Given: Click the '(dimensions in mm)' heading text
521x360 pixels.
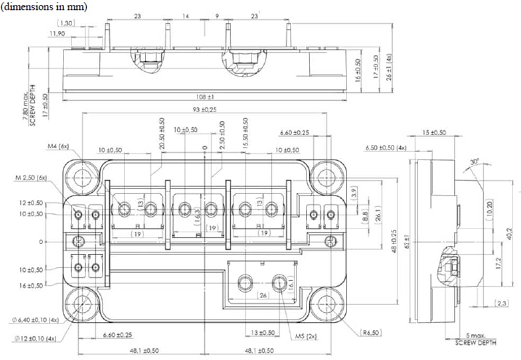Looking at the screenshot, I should [x=44, y=7].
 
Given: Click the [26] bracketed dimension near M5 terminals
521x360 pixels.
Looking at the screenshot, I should [x=263, y=295].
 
